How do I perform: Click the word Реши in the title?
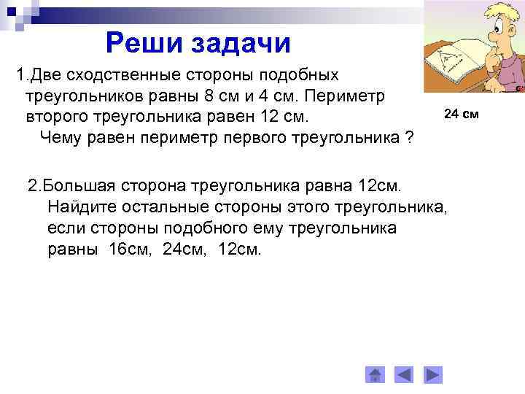pyautogui.click(x=144, y=43)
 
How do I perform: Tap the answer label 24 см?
pyautogui.click(x=460, y=114)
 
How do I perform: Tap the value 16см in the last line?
pyautogui.click(x=128, y=250)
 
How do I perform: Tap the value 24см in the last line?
pyautogui.click(x=183, y=250)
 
